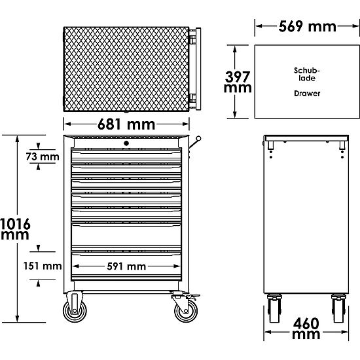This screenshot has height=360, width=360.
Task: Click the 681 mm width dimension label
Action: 126,124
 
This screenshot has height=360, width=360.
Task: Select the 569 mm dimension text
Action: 307,26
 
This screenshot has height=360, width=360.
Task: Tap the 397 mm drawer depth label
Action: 238,82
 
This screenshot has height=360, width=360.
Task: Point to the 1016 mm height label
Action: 15,228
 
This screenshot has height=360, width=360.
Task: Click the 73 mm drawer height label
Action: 43,156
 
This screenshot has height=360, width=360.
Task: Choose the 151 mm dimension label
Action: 43,266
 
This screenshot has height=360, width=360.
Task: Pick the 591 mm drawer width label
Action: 126,266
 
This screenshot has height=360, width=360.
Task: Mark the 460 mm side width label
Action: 306,329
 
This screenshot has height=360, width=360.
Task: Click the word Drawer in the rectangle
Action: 307,94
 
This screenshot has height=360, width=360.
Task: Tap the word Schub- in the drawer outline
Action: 307,70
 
